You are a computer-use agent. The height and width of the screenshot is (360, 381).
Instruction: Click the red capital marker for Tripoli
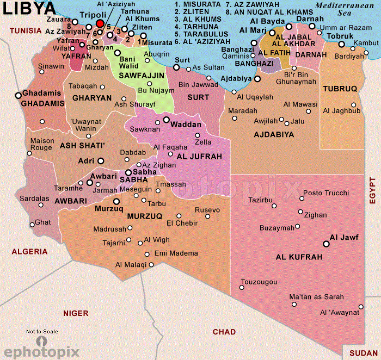tap(100, 23)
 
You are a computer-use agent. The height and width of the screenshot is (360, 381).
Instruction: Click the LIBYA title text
tap(29, 8)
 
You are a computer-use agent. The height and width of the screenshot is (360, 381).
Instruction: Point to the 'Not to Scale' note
tap(42, 331)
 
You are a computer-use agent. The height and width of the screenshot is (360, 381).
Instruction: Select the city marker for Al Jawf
tap(326, 245)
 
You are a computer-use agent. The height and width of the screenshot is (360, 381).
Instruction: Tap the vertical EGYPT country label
tap(373, 190)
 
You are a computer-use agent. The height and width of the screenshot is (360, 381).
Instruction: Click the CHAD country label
tap(224, 332)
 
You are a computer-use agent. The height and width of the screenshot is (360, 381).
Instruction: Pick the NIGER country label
tap(76, 313)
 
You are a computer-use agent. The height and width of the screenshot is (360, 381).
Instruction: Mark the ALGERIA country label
tap(29, 252)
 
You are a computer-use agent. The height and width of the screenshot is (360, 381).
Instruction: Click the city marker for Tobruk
tap(341, 45)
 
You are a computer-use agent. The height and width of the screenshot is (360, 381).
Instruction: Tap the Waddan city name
tap(186, 125)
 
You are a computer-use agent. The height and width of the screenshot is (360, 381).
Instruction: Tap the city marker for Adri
tap(100, 161)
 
